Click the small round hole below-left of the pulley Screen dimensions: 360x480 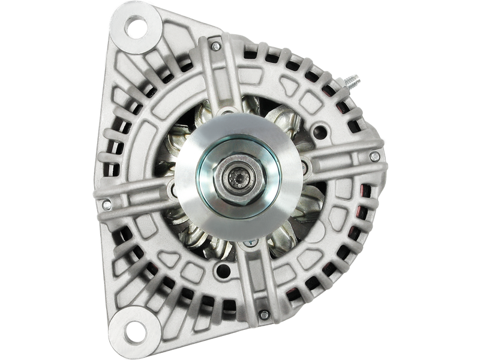point(173,191)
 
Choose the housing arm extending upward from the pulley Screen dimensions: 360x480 point(223,78)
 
